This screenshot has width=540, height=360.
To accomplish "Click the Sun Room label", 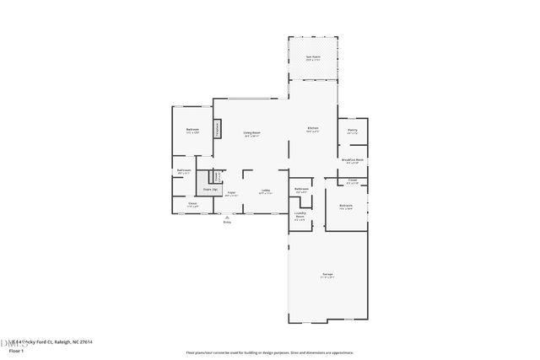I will click(x=312, y=57).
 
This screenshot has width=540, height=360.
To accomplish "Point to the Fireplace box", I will click(x=218, y=129).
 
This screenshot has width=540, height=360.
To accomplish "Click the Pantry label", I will click(x=353, y=130).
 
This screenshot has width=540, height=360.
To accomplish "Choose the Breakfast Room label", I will click(x=353, y=159).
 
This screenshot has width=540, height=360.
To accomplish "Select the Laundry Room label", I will click(x=300, y=216).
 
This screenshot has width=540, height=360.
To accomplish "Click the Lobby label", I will click(x=265, y=191).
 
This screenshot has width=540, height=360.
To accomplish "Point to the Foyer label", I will click(x=231, y=193).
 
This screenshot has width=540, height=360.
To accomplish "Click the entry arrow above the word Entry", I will click(x=226, y=216).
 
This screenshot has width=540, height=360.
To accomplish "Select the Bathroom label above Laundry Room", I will click(x=301, y=190).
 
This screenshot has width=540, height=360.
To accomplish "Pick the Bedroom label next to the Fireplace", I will click(x=192, y=130).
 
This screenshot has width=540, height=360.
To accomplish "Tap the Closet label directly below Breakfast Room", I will click(x=352, y=180).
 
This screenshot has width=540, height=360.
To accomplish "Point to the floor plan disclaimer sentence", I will click(x=269, y=352).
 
